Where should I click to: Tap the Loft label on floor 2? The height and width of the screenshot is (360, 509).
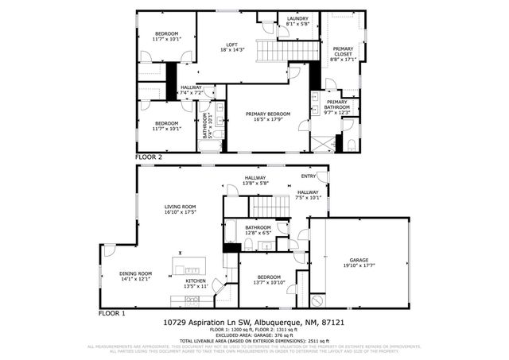coord(232,45)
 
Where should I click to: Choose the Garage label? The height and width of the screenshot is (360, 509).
coord(359,260)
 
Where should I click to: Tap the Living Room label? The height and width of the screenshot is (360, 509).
coord(180,207)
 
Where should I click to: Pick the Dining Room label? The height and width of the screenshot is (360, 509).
coord(113,274)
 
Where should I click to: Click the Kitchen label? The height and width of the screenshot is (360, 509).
coord(196,281)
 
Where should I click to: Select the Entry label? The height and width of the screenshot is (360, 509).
coord(309,176)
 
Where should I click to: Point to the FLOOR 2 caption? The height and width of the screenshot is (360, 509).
coord(149,157)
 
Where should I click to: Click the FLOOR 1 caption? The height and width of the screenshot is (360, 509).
coord(112,313)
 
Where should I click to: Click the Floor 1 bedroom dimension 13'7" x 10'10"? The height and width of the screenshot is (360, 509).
coord(268,282)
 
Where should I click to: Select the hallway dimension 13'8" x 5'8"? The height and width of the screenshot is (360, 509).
coord(255,184)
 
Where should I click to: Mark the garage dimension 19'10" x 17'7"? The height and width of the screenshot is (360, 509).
coord(359,265)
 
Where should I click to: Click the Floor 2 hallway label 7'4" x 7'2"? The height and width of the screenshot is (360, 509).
coord(191,90)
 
